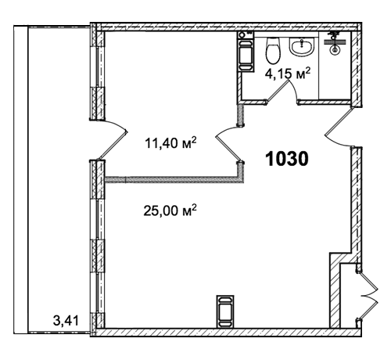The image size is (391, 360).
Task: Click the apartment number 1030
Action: pyautogui.click(x=287, y=159)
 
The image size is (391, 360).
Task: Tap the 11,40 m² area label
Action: pyautogui.click(x=170, y=142)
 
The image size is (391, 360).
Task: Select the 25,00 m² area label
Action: pyautogui.click(x=170, y=211)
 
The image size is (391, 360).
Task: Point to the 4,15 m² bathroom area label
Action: pyautogui.click(x=288, y=74)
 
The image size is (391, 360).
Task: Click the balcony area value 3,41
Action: pyautogui.click(x=66, y=320)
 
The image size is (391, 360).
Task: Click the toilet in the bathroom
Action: pyautogui.click(x=273, y=50)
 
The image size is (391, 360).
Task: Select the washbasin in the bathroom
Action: pyautogui.click(x=301, y=47)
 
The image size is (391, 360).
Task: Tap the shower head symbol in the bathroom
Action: pyautogui.click(x=335, y=42)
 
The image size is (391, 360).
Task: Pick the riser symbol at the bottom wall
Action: pyautogui.click(x=225, y=311)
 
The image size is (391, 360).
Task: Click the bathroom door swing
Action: pyautogui.click(x=283, y=92)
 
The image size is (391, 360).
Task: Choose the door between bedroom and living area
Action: pyautogui.click(x=229, y=144)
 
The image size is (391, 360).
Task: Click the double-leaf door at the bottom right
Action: pyautogui.click(x=368, y=296)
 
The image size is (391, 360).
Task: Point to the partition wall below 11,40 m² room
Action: pyautogui.click(x=172, y=179)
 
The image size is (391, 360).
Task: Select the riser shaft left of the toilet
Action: pyautogui.click(x=245, y=51)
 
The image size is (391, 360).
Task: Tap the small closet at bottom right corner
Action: pyautogui.click(x=348, y=296)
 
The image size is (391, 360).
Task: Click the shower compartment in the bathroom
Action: pyautogui.click(x=335, y=65)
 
